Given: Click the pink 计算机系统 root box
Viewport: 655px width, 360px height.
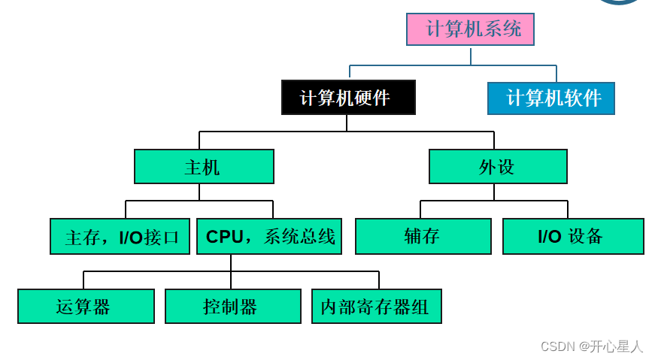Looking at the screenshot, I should pyautogui.click(x=470, y=30).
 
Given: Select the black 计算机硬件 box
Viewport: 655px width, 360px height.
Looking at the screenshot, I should pyautogui.click(x=348, y=98).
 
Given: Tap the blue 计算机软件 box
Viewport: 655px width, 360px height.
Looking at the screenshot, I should pyautogui.click(x=550, y=98).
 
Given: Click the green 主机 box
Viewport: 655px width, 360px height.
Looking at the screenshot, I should pyautogui.click(x=204, y=167).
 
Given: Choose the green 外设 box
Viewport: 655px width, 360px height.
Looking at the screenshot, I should pyautogui.click(x=498, y=167).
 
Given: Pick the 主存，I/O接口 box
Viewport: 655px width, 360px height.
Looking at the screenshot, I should pyautogui.click(x=120, y=237).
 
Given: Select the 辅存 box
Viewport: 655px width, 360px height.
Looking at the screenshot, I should pyautogui.click(x=423, y=237).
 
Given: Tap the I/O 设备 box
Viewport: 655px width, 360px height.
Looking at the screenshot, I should pyautogui.click(x=573, y=237).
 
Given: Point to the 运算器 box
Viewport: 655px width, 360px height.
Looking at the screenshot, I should pyautogui.click(x=86, y=307).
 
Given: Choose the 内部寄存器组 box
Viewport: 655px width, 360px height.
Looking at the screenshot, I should pyautogui.click(x=376, y=307).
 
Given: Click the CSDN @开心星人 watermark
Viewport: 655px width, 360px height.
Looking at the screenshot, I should pyautogui.click(x=592, y=346).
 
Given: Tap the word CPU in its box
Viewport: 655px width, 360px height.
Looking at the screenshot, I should pyautogui.click(x=224, y=237).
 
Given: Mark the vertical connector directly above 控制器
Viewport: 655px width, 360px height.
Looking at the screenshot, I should pyautogui.click(x=231, y=280).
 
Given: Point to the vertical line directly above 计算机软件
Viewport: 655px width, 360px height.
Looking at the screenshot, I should pyautogui.click(x=556, y=74).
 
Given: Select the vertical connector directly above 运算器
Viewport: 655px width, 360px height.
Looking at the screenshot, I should pyautogui.click(x=84, y=280).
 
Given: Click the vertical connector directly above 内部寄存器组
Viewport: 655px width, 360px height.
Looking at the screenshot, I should pyautogui.click(x=378, y=280).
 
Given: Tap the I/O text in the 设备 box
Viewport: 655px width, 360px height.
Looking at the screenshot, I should pyautogui.click(x=549, y=237).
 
